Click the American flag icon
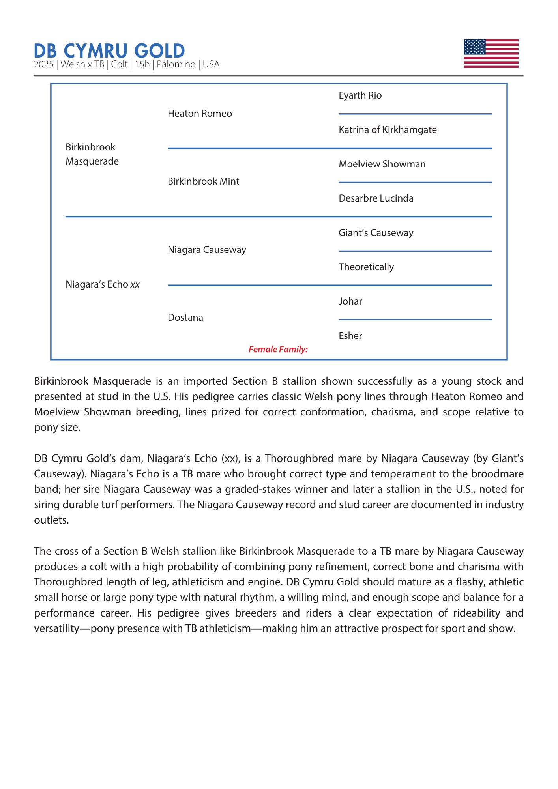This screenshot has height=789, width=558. point(491,53)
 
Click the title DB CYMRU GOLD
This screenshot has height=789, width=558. point(109,51)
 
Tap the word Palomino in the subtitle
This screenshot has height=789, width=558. point(176,64)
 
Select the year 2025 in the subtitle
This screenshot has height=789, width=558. point(43,64)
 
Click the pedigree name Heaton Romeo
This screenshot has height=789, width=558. point(200,114)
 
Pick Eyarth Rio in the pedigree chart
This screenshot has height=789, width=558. point(360,95)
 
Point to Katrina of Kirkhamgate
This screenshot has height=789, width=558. point(388,130)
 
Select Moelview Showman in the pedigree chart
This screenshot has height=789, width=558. point(382,164)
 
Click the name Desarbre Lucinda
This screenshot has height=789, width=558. point(376,198)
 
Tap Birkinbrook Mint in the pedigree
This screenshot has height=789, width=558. point(203,181)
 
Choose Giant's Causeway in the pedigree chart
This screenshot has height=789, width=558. point(376,233)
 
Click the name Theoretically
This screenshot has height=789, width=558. point(366,267)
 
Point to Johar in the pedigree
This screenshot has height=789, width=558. point(350,301)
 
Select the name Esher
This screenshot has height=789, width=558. point(350,336)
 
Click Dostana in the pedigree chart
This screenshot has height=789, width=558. point(185,318)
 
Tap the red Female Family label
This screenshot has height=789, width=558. point(278,349)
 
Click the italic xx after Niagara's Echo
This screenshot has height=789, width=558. point(135,284)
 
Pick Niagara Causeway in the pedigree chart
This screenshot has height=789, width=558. point(207,250)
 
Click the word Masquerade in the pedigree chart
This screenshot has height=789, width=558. point(92,161)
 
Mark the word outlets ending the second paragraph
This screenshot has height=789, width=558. point(51,520)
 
